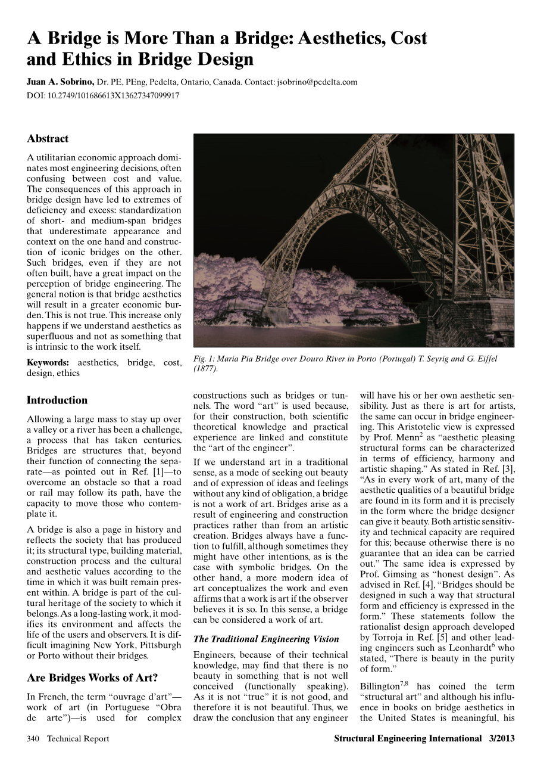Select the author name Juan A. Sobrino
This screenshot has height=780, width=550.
point(60,82)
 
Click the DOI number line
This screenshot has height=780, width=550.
point(103,95)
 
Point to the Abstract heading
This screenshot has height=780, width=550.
point(48,139)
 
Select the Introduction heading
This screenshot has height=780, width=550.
point(57,400)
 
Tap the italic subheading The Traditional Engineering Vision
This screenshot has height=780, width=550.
point(267,639)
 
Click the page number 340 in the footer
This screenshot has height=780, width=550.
point(33,739)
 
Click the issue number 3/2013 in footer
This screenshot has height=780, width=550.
point(501,739)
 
